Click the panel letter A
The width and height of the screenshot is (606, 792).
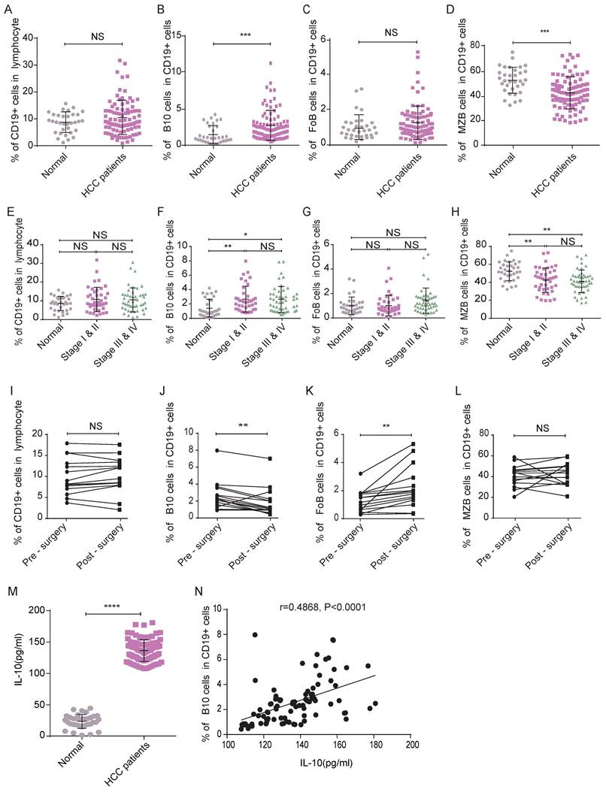[x=9, y=10]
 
